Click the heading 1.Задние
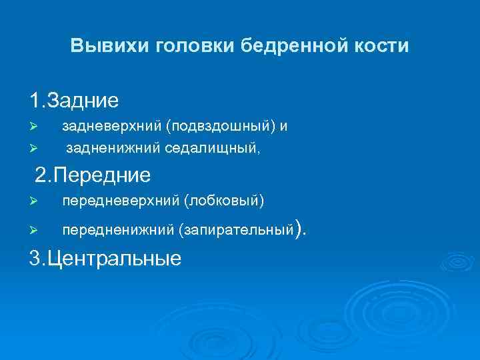(74, 101)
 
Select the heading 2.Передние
(93, 175)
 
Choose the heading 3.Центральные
(105, 259)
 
